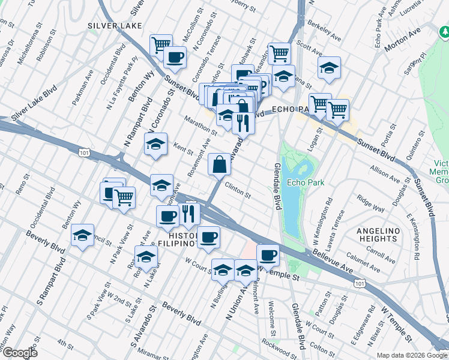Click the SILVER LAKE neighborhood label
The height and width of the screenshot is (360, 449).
115,26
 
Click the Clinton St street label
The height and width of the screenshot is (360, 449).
237,190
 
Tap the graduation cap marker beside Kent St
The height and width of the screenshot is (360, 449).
155,145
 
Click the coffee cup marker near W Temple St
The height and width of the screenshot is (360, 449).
268,255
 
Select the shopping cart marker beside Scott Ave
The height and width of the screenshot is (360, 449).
279,53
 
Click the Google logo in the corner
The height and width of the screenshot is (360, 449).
19,353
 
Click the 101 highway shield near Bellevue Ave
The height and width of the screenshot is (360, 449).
358,282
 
